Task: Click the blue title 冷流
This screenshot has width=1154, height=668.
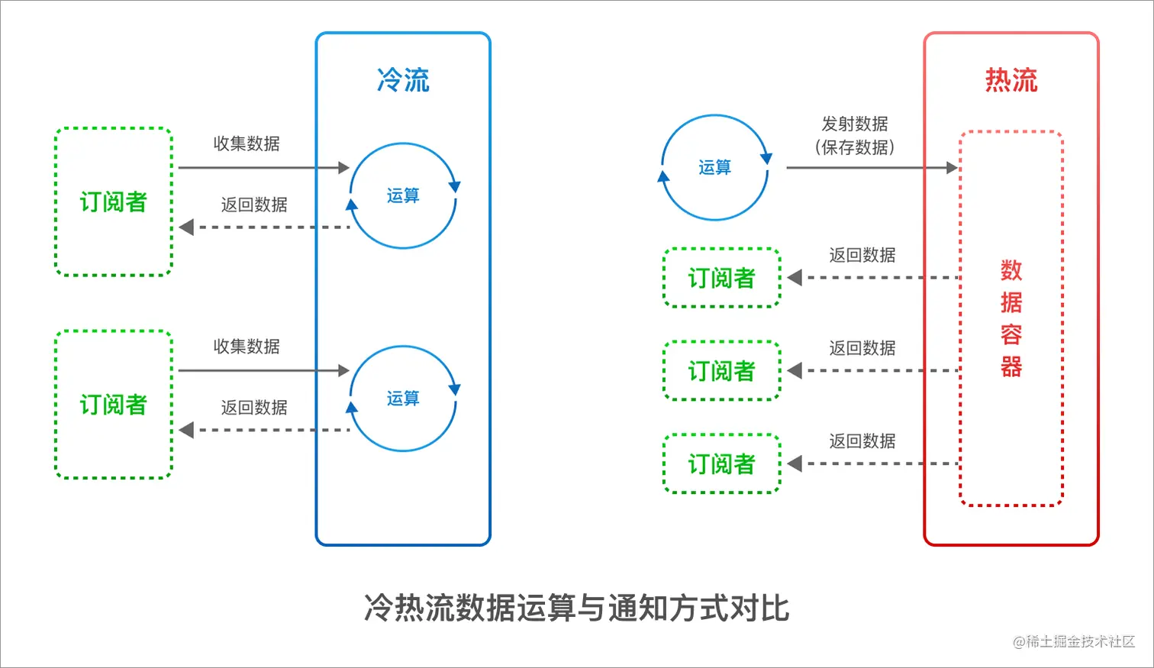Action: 403,80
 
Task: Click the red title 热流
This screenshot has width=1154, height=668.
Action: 1011,80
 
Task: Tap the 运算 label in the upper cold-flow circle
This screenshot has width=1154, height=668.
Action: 403,195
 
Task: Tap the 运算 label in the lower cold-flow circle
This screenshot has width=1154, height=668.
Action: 403,398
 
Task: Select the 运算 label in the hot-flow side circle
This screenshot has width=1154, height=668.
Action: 714,167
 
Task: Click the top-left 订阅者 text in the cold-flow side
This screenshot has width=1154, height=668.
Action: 113,202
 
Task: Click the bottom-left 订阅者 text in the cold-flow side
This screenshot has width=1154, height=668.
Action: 113,405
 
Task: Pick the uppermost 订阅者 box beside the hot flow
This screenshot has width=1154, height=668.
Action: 721,278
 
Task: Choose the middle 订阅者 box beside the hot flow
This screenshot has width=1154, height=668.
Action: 721,371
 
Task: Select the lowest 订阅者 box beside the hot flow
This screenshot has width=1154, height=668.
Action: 721,463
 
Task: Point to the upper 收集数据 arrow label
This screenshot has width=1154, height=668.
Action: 247,144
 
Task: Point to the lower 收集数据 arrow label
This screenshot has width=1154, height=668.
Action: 247,347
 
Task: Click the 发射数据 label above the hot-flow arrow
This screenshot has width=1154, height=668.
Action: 855,124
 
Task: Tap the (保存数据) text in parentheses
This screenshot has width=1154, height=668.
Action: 855,147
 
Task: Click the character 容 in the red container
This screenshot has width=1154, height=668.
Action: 1011,334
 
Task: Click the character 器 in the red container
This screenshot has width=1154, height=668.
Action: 1011,366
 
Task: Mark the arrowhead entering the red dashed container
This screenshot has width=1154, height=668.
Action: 952,167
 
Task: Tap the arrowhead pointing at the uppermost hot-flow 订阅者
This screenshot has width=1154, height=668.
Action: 795,278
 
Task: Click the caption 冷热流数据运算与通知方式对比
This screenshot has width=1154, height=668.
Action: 577,608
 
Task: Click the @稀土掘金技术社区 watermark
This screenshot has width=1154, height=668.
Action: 1073,641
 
